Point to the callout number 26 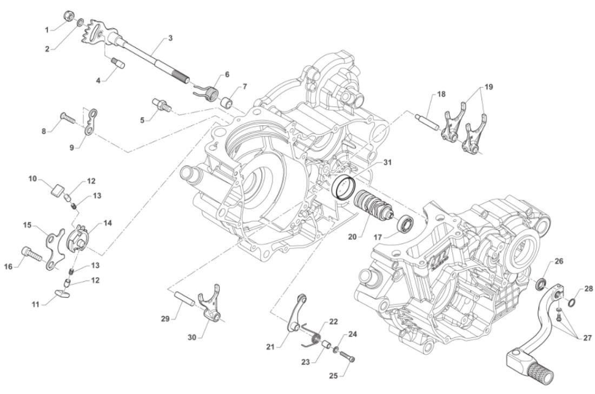[x=559, y=262]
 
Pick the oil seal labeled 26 [x=540, y=283]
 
